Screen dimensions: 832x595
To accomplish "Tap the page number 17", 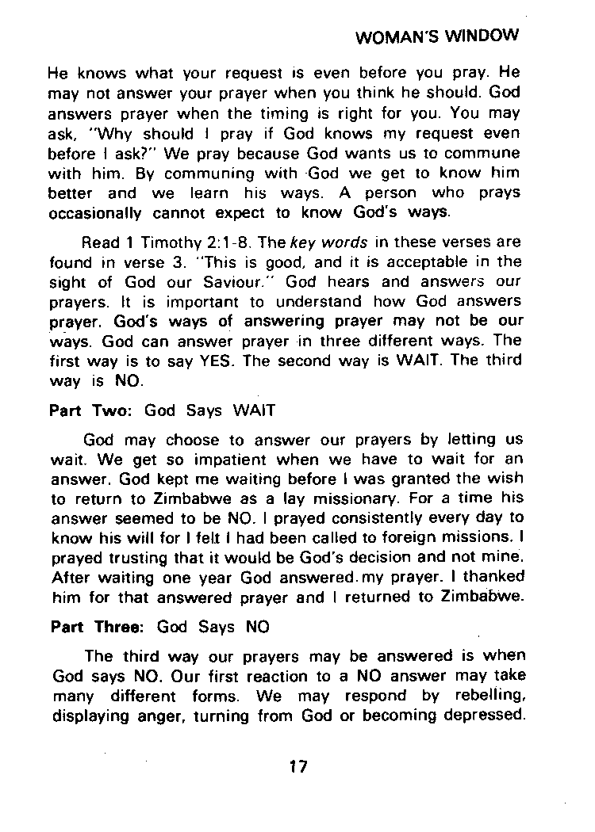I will point(298,766).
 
